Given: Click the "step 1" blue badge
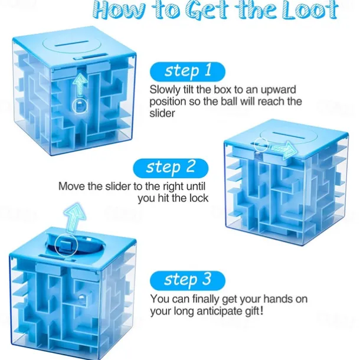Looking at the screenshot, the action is (x=188, y=71).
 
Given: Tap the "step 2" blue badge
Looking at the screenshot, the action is (x=171, y=168).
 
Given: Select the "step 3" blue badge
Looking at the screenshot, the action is (x=188, y=280).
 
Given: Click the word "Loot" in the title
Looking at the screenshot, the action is (x=310, y=11).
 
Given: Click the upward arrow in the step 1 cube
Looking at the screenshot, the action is (x=80, y=85).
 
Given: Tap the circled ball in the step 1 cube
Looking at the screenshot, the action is (x=80, y=106).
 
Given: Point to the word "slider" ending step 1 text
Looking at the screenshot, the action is (x=162, y=113).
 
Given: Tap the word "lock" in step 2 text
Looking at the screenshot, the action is (x=199, y=198).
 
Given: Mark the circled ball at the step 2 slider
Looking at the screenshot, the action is (x=261, y=146).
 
